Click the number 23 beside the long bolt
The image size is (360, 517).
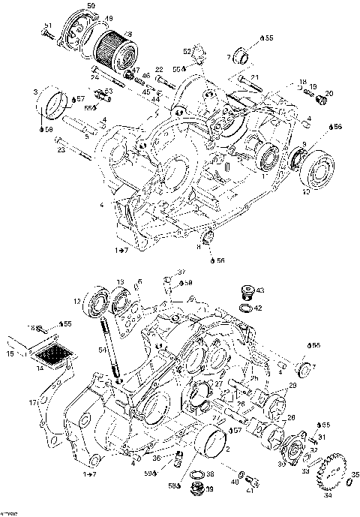(x=60, y=149)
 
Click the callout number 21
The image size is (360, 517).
(x=254, y=77)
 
